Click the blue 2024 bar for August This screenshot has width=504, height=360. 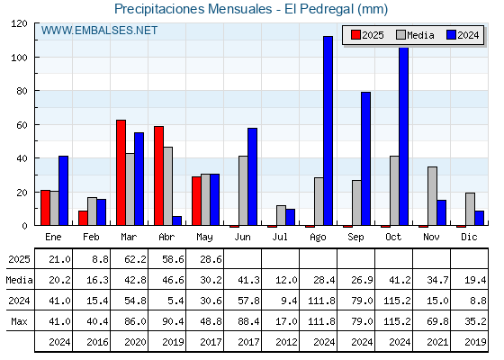coord(328,130)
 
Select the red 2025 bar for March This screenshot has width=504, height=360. coord(121,173)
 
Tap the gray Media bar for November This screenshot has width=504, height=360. coord(432,196)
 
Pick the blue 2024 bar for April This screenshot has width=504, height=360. coord(176,220)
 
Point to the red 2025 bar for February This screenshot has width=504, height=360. coord(83,218)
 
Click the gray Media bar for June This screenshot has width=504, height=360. coord(243,191)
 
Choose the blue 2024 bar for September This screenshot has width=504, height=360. coord(365,158)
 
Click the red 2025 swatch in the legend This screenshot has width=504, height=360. coord(355,35)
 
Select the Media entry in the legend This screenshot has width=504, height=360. coord(415,35)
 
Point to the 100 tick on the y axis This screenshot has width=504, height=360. coord(36,58)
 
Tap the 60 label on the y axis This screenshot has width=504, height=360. coord(22,125)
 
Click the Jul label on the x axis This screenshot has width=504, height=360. coord(280,237)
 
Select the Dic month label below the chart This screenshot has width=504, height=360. coord(469,237)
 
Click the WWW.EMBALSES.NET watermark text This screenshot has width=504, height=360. coord(99,31)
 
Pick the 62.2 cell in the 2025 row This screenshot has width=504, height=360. coord(135,259)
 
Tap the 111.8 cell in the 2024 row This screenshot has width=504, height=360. coord(321,301)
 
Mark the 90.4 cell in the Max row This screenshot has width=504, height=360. coord(173,321)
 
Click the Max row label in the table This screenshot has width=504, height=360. coord(19,321)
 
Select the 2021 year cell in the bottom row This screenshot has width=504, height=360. coord(437,342)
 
